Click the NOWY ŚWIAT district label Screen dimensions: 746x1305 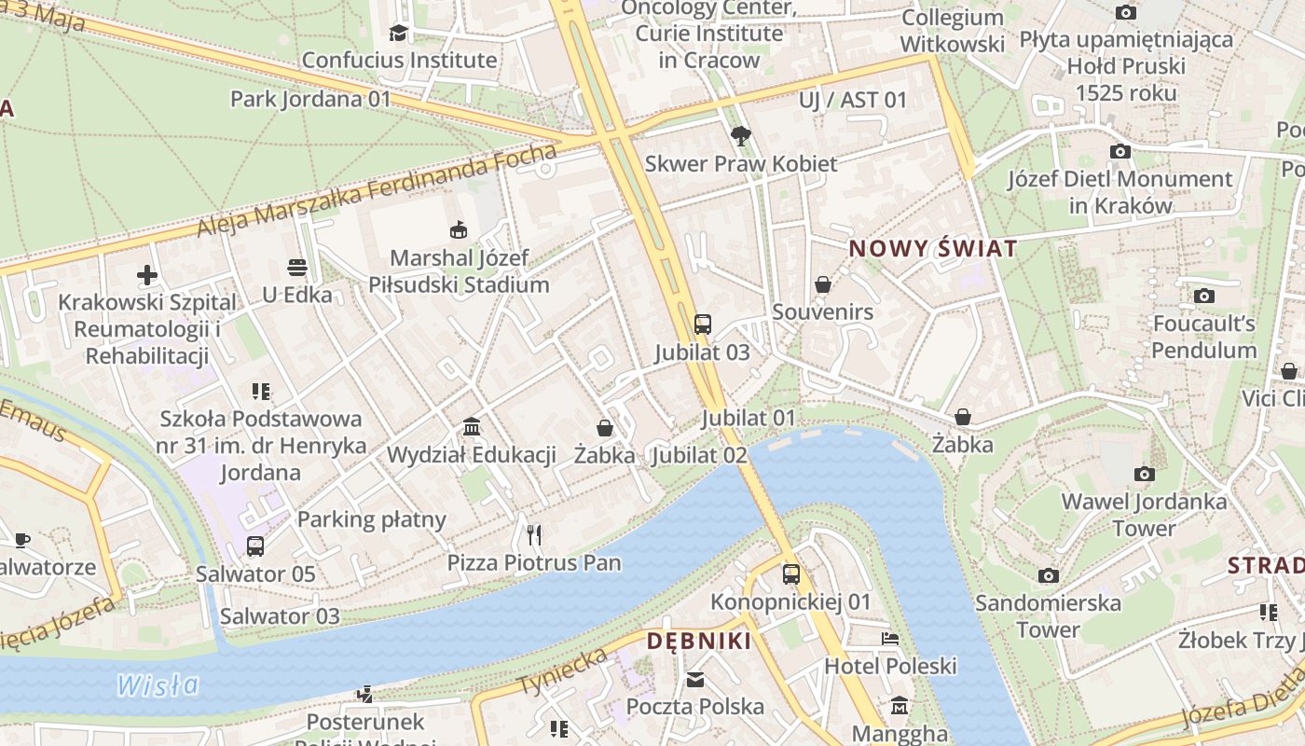point(932,249)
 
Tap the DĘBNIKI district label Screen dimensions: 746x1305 point(698,641)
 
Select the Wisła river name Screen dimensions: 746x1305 point(158,685)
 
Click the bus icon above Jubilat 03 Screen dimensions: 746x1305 point(703,325)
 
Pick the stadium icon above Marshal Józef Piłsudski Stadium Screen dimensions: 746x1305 point(459,229)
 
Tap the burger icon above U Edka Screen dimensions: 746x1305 point(297,268)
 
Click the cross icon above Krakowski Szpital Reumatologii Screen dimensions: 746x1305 point(147,275)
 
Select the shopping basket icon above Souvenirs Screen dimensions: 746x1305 point(823,284)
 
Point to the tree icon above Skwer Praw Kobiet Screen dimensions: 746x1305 point(741,136)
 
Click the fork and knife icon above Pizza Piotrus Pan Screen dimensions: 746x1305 point(534,535)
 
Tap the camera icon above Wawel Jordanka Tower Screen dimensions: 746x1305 point(1145,475)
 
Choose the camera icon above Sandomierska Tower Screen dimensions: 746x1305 point(1049,575)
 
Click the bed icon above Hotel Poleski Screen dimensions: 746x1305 point(890,639)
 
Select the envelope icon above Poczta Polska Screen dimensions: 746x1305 point(695,680)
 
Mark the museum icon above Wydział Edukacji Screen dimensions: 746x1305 point(472,427)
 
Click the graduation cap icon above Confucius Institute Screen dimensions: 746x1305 point(399,33)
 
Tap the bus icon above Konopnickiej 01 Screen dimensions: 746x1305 point(791,574)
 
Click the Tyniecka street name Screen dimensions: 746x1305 point(562,671)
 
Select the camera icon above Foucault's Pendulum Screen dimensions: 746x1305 point(1204,297)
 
